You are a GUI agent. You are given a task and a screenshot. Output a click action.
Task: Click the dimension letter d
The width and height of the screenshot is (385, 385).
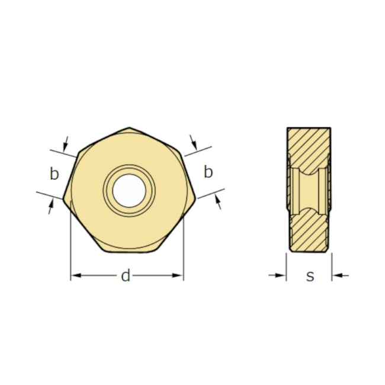tap(126, 276)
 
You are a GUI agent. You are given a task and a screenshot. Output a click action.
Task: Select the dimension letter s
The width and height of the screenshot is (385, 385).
tap(310, 276)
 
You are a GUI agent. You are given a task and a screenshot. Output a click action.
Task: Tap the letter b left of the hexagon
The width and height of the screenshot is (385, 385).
tap(54, 174)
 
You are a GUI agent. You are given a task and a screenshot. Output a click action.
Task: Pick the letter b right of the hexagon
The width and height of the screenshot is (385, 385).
tap(208, 172)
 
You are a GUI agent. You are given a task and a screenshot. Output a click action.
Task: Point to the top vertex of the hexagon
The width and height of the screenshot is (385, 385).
tap(130, 127)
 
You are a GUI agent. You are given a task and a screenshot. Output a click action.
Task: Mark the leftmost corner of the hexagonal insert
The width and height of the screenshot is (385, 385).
tap(63, 198)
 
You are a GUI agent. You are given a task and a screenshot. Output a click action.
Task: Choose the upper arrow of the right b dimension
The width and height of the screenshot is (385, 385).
tap(194, 142)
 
